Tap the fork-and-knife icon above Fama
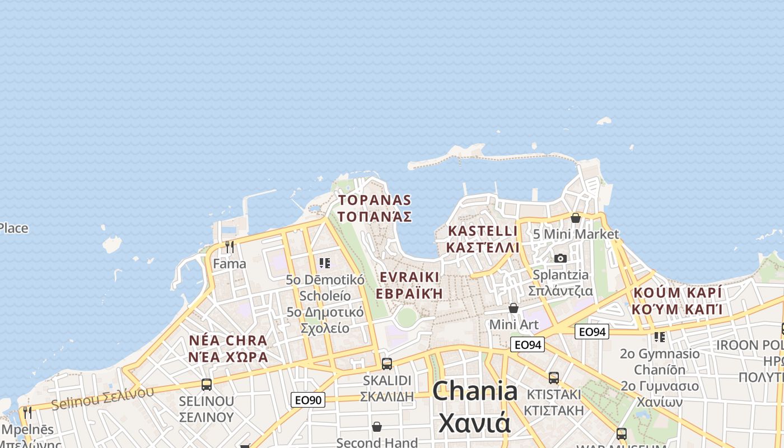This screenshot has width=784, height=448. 229,247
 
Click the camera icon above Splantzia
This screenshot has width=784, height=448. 561,258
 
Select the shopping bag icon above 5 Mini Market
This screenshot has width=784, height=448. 575,217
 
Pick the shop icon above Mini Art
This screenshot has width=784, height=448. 514,308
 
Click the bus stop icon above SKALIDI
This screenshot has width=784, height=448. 386,363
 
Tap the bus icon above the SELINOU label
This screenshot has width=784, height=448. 207,385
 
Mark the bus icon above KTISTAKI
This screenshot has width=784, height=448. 554,378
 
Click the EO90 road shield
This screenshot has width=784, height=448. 308,400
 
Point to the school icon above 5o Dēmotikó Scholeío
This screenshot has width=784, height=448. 325,263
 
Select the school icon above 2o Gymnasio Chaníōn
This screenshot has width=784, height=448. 660,337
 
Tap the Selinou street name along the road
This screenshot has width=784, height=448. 102,398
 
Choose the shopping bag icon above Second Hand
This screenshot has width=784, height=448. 377,427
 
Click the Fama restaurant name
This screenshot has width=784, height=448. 230,263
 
